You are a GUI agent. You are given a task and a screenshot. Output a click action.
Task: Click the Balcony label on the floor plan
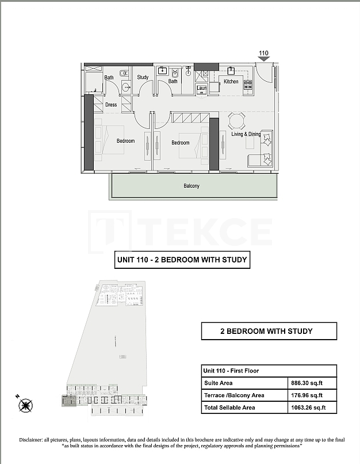tap(192, 186)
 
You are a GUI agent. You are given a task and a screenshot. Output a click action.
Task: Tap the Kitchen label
tap(231, 82)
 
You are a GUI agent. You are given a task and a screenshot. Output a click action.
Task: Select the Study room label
tap(143, 77)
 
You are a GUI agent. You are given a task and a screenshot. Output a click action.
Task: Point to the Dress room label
tap(111, 105)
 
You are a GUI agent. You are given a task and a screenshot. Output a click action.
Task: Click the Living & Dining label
tap(246, 134)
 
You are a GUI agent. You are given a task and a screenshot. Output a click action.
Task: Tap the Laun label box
tap(201, 89)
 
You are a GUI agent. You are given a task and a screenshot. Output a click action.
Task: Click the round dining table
tap(236, 121)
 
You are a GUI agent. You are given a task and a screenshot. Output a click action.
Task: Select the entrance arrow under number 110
tap(263, 59)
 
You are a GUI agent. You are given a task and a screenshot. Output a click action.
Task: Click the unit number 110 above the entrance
tap(263, 53)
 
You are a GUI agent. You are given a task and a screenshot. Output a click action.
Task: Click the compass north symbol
tap(25, 405)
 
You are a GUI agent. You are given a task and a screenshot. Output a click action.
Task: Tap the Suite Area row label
tap(219, 383)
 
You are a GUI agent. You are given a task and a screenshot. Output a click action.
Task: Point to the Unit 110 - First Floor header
tap(231, 371)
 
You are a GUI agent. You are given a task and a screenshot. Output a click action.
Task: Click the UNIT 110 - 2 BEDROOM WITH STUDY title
tap(182, 260)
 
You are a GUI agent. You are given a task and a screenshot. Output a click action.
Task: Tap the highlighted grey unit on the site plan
tap(68, 401)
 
